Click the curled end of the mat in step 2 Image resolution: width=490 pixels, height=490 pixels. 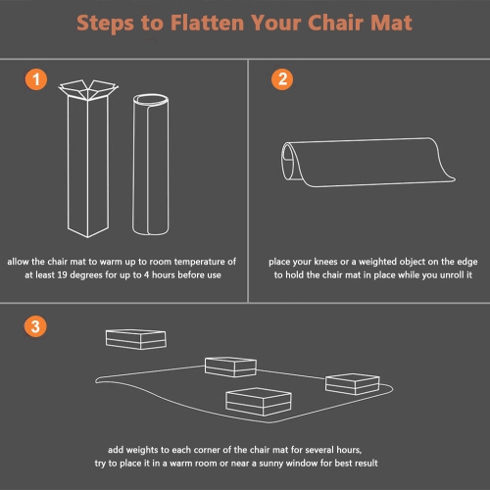(x=293, y=162)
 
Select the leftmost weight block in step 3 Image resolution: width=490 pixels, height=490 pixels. (x=133, y=339)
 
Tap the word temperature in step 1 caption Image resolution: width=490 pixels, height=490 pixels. (x=187, y=262)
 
